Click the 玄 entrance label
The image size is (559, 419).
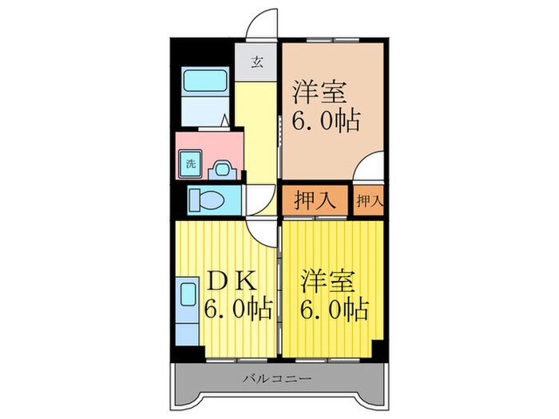pos(257,62)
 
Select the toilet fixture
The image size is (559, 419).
pos(209,200)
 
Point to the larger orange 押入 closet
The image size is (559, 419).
pos(314,200)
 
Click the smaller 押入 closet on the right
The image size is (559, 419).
pos(368,200)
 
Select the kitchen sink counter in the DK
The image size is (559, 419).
pos(186,311)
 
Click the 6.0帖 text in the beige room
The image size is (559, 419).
pos(325,122)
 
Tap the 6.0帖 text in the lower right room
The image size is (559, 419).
pos(335,308)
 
